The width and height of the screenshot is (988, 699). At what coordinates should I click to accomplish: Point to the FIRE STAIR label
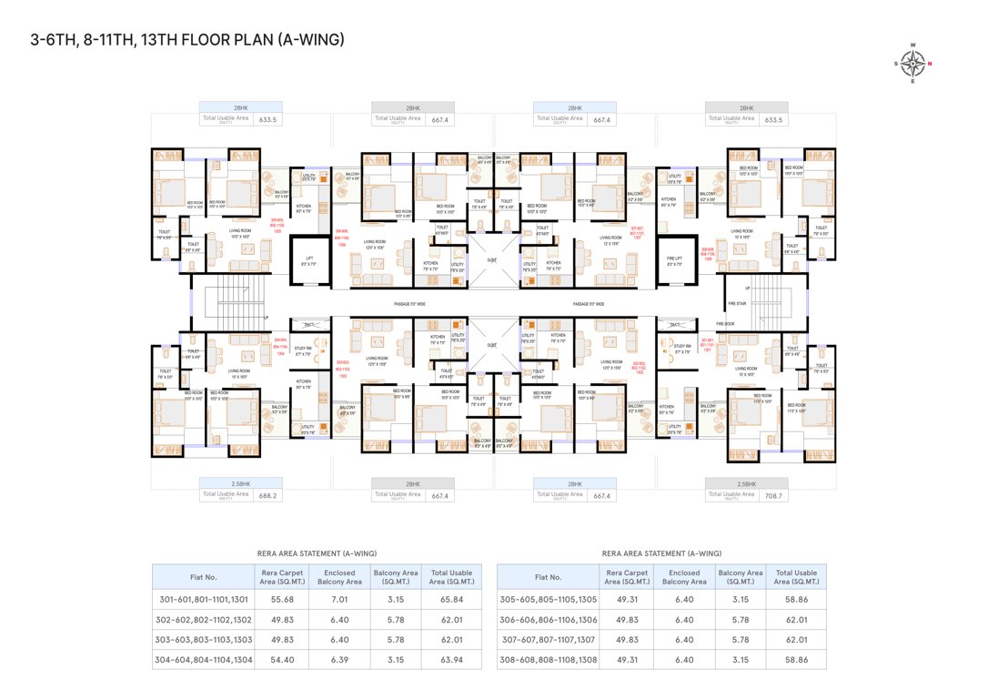point(736,303)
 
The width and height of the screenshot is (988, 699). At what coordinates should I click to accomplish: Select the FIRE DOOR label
point(724,323)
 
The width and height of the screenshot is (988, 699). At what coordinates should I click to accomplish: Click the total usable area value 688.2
point(267,496)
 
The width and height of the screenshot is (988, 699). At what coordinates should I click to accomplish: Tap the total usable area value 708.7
point(774,496)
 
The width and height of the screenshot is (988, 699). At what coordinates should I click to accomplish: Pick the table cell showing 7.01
point(338,600)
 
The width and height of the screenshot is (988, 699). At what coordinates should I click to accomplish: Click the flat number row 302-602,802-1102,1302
point(202,620)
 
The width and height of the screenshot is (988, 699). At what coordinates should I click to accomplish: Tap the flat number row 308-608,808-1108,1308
point(548,660)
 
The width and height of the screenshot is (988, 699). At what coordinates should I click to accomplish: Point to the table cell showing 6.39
point(338,660)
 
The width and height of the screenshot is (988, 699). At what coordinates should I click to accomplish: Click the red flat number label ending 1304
point(280,347)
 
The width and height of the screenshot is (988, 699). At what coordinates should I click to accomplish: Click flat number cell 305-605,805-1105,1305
point(548,600)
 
